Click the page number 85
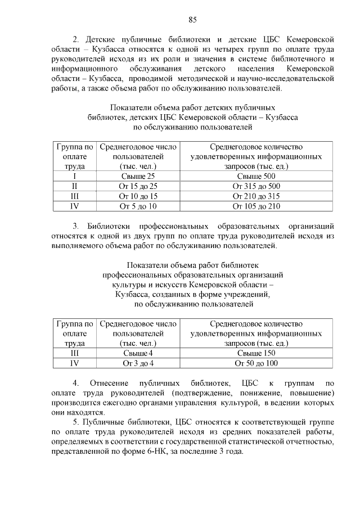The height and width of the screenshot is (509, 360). point(192,20)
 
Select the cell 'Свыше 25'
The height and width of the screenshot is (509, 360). point(138,176)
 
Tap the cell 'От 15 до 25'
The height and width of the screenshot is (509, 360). point(138,186)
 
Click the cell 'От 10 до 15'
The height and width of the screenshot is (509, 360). point(138,196)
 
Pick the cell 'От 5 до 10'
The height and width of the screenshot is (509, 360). point(138,206)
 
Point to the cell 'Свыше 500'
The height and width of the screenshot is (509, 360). point(256,176)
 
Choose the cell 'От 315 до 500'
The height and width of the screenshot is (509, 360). point(256,186)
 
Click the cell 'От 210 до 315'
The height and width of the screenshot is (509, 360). point(256,196)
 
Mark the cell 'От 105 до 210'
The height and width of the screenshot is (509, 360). point(256,206)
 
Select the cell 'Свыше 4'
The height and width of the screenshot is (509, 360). point(138,353)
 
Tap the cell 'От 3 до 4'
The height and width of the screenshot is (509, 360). point(138,363)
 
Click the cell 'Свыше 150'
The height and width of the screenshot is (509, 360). point(256,353)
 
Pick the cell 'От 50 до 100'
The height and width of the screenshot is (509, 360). point(256,363)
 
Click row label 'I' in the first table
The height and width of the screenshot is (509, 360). point(74,176)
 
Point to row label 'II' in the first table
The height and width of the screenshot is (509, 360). point(74,186)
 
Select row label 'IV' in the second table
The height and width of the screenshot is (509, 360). point(74,363)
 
